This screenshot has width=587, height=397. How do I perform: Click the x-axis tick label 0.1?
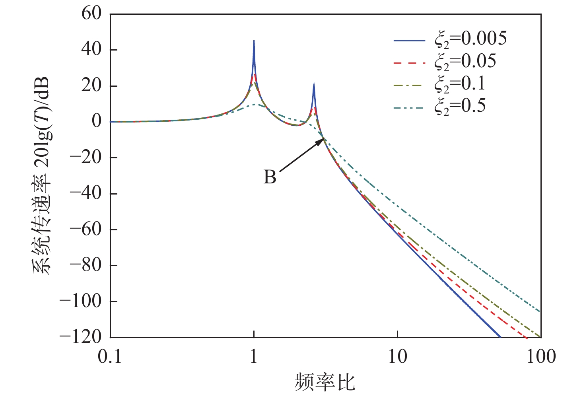coord(110,357)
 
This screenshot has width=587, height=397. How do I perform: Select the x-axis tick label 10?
coord(397,357)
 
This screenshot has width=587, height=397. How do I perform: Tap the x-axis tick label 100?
coord(540,357)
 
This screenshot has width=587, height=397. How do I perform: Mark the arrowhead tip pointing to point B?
coord(325,138)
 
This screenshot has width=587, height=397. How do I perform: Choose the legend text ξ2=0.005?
coord(470,39)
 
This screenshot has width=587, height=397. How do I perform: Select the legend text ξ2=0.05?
coord(465,61)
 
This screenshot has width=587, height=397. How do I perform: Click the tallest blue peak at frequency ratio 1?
coord(254,41)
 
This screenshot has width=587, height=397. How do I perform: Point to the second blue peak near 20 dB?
coord(314,84)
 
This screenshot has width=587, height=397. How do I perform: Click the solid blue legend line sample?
coord(409,40)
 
